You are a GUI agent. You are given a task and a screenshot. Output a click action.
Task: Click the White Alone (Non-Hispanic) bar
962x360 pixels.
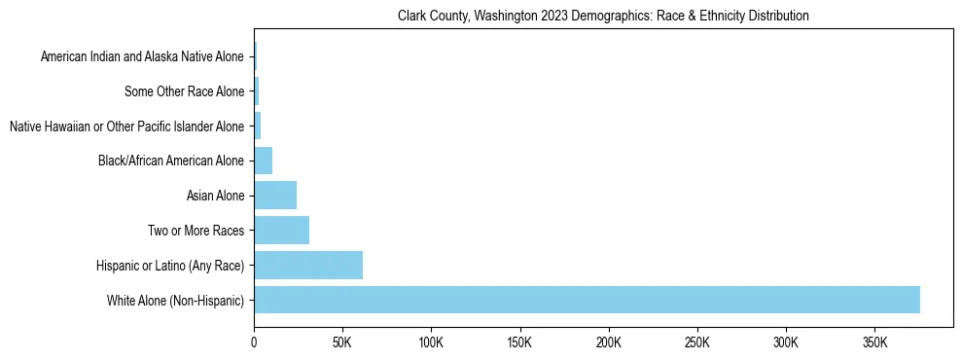[587, 300]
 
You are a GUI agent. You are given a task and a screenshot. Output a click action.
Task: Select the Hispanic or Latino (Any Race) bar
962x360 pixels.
[308, 265]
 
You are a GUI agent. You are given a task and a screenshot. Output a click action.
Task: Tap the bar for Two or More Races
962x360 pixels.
[281, 231]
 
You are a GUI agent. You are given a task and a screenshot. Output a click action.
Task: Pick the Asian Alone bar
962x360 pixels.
[275, 196]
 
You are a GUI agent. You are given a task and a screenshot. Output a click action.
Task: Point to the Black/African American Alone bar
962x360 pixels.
[263, 161]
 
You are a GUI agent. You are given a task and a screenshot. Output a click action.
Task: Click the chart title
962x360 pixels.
[603, 17]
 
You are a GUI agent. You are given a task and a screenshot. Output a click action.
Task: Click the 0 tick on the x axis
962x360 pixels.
[254, 342]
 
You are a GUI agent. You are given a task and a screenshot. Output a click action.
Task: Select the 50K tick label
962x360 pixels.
[342, 342]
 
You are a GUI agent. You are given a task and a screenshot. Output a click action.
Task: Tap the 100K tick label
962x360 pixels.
[431, 342]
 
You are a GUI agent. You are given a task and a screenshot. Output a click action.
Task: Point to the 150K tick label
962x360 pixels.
[519, 342]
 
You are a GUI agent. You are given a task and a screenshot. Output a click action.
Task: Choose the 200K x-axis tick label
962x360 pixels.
[608, 342]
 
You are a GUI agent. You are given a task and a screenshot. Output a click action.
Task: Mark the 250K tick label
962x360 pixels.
[696, 342]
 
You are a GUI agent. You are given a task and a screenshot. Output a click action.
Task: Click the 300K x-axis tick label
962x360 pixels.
[785, 342]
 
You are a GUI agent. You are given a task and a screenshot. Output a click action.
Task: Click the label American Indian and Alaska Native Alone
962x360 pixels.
[143, 57]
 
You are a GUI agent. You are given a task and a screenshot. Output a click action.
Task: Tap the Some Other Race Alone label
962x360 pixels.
[185, 92]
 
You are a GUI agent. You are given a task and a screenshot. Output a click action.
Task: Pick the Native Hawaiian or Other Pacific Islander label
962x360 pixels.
[126, 126]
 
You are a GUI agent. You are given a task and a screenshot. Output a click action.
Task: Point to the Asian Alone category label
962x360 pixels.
[215, 197]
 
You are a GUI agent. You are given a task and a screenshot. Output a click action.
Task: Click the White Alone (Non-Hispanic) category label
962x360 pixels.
[176, 301]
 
